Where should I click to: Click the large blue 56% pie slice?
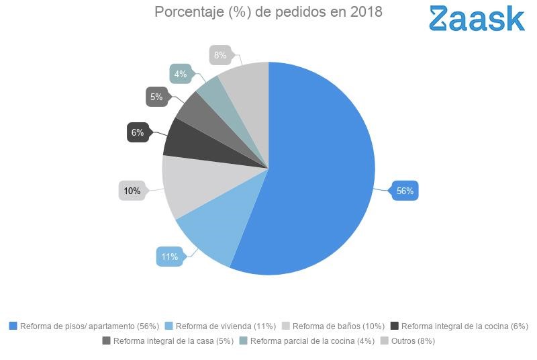click(x=322, y=175)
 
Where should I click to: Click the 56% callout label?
click(x=405, y=191)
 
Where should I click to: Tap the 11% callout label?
click(x=169, y=257)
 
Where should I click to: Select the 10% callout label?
click(x=132, y=191)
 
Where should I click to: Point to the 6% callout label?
click(x=138, y=132)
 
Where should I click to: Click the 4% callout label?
click(x=181, y=74)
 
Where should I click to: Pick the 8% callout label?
click(x=220, y=55)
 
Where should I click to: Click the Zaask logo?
click(x=477, y=18)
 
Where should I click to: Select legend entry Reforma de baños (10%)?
click(x=338, y=326)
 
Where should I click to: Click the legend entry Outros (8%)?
click(x=413, y=341)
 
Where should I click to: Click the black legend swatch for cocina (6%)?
click(x=395, y=326)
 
